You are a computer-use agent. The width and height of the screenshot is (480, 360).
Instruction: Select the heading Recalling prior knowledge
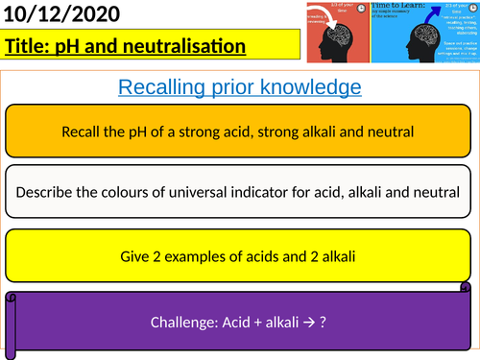click(239, 87)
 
